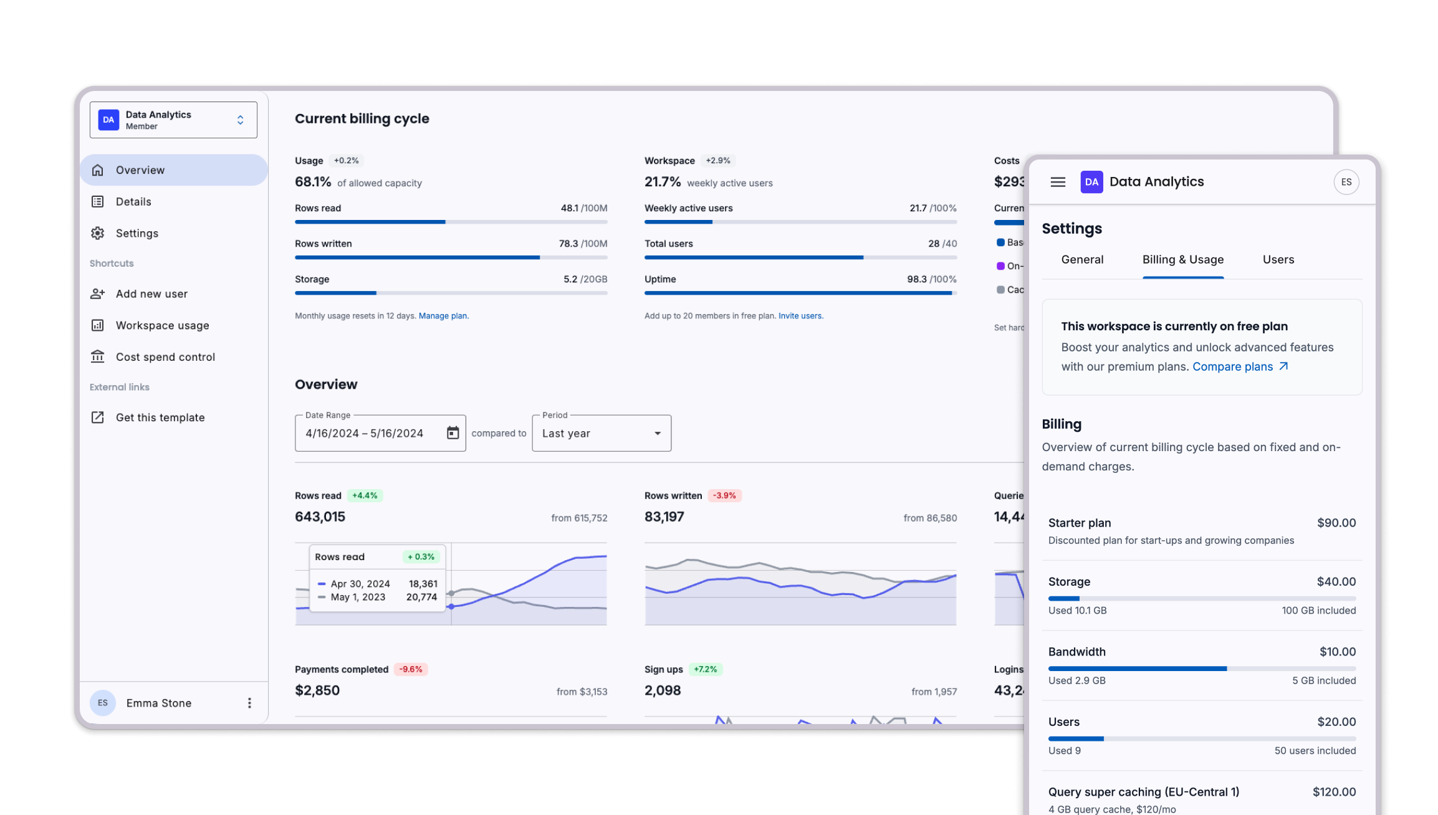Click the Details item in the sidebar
[x=133, y=202]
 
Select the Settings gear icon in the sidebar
[x=98, y=233]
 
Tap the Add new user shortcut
[x=151, y=294]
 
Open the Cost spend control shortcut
[x=165, y=357]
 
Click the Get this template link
[x=160, y=417]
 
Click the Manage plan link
[x=443, y=316]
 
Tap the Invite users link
[x=800, y=316]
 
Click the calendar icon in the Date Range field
[x=453, y=433]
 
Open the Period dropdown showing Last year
[x=601, y=433]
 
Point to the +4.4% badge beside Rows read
[x=365, y=496]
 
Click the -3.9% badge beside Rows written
[x=724, y=496]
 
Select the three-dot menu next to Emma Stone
[x=249, y=703]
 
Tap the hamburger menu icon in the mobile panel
[x=1058, y=182]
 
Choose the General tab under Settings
[x=1082, y=260]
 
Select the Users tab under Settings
[x=1278, y=260]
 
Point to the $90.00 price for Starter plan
[x=1336, y=523]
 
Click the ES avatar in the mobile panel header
[x=1346, y=182]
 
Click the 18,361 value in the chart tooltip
[x=423, y=584]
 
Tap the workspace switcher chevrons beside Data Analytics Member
[x=240, y=120]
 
